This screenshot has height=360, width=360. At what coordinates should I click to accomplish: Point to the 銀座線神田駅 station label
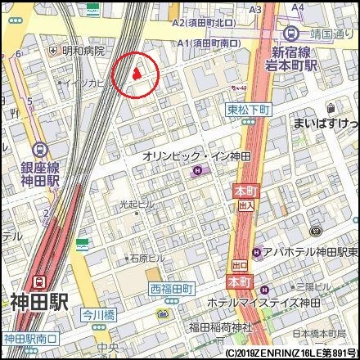(39, 174)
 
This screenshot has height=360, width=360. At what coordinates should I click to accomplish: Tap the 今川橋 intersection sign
(100, 313)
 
